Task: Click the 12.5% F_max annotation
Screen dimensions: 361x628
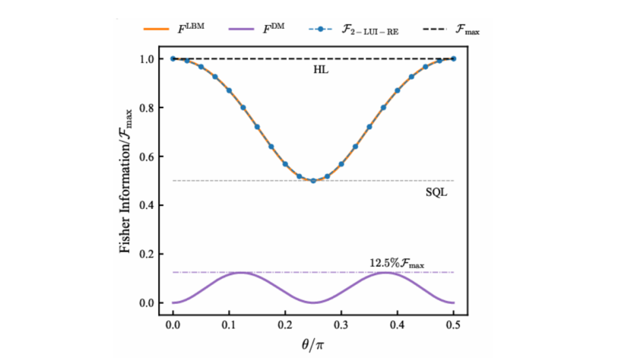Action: (x=397, y=264)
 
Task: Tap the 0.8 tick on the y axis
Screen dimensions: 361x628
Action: (x=147, y=108)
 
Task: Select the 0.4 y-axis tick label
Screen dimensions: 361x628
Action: (x=147, y=206)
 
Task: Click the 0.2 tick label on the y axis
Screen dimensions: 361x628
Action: (x=147, y=254)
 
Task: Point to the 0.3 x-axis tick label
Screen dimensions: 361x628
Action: (x=341, y=326)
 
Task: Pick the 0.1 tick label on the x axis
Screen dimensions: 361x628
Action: (x=229, y=326)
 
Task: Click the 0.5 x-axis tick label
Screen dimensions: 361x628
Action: (x=453, y=326)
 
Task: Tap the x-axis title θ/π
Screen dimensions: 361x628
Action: (x=313, y=345)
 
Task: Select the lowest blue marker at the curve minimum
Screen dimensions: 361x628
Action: (x=313, y=181)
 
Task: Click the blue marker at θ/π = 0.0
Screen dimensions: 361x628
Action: (x=173, y=59)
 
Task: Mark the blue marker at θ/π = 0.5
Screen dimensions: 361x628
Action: (x=453, y=59)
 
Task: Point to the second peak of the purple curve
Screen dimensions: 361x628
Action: (x=383, y=273)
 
